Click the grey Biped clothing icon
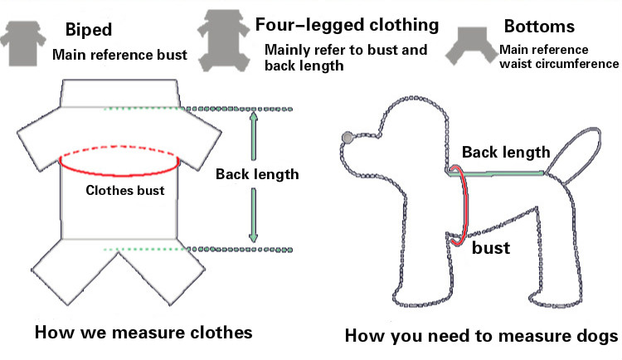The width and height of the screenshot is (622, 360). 22,41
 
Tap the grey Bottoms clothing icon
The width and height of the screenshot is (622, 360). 469,46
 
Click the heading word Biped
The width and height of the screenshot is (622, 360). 88,32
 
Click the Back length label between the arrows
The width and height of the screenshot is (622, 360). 256,175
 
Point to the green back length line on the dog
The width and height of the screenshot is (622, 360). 502,173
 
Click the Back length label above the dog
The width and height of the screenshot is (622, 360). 506,152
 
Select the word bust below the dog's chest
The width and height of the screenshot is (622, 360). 489,247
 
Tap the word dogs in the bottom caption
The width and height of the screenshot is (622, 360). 593,337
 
